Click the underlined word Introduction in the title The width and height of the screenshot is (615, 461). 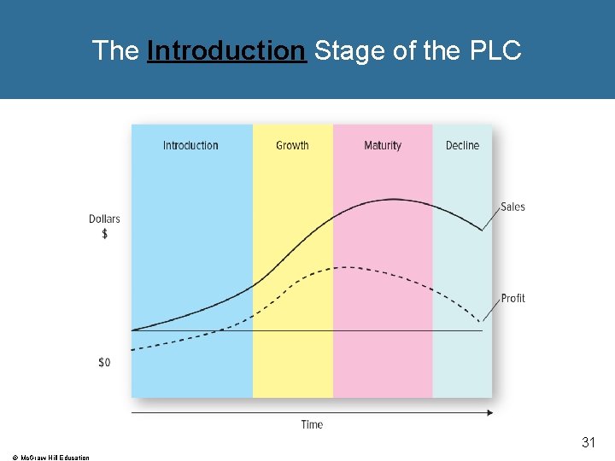[x=225, y=51]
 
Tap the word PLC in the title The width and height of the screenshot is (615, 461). [x=495, y=51]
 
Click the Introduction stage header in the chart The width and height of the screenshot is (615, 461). [x=190, y=146]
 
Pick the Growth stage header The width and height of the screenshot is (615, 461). [x=292, y=146]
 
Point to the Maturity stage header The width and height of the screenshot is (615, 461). [x=382, y=146]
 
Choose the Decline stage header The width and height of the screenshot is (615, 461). [x=462, y=146]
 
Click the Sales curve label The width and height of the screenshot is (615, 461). [x=512, y=207]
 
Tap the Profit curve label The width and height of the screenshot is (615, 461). [x=512, y=298]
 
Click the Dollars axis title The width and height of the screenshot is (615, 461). [x=104, y=219]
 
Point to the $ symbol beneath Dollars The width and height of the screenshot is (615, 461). [x=104, y=233]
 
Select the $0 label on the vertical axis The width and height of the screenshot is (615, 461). [x=104, y=363]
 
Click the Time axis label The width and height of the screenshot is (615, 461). [x=312, y=424]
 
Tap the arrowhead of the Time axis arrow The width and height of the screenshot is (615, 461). [x=489, y=412]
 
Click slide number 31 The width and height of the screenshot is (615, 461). [x=588, y=442]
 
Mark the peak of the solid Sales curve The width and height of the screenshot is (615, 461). [x=393, y=199]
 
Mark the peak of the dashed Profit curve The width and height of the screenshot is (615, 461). [x=342, y=267]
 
